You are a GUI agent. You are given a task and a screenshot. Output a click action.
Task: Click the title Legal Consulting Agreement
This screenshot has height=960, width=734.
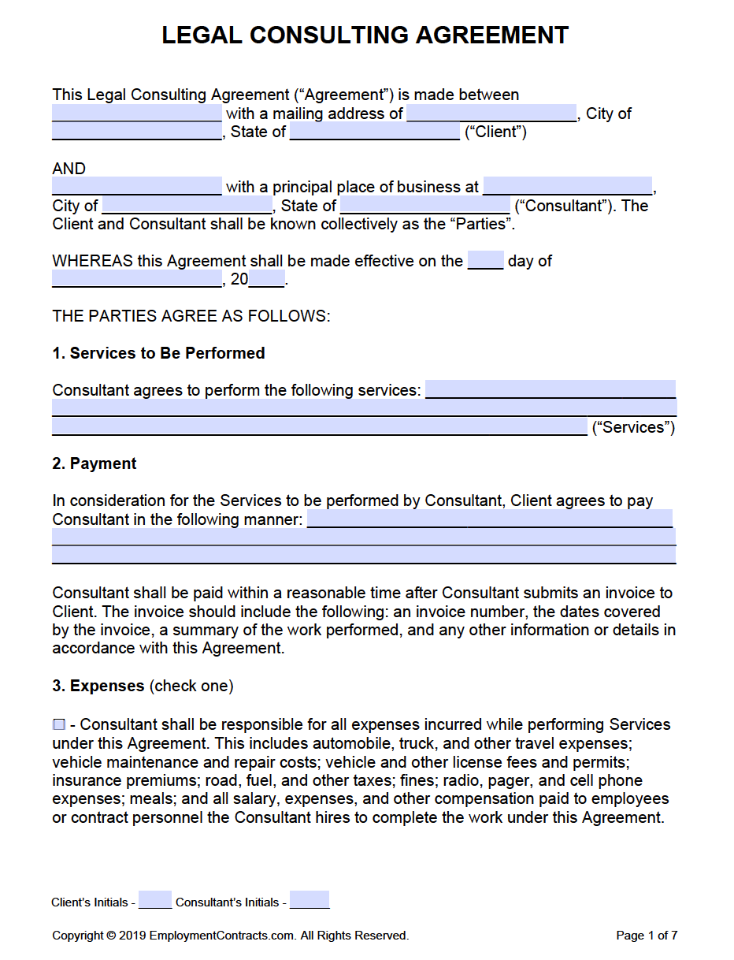[365, 35]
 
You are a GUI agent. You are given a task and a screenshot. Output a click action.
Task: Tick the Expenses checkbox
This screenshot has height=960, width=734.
[59, 725]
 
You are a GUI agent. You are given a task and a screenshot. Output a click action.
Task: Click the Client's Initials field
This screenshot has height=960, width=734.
[155, 901]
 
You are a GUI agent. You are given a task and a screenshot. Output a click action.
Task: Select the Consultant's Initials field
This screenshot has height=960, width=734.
[310, 901]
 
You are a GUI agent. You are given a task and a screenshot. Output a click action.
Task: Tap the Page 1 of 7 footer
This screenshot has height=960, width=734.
[647, 936]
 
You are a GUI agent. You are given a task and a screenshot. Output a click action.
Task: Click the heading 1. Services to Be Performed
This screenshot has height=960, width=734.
[158, 353]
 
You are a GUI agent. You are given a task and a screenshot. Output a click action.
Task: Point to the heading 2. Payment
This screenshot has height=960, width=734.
[95, 463]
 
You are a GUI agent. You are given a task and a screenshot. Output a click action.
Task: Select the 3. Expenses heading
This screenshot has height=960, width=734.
[98, 686]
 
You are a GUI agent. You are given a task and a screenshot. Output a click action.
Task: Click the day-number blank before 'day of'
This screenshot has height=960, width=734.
[485, 261]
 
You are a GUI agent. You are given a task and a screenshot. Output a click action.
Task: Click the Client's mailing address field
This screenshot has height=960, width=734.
[491, 113]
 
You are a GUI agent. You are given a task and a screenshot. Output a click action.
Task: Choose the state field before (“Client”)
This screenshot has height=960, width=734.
[374, 132]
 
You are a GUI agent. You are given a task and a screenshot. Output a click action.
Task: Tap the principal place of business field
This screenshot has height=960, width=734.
[567, 187]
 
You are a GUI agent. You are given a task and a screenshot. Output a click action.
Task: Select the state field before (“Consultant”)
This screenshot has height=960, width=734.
[424, 206]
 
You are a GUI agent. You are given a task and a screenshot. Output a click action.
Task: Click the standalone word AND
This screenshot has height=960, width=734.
[69, 169]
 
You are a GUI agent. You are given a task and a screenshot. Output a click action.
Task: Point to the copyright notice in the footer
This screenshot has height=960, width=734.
[230, 936]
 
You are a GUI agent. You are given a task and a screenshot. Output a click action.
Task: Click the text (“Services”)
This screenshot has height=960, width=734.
[633, 427]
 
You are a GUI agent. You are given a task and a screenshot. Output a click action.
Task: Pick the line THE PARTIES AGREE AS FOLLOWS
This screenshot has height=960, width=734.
[191, 316]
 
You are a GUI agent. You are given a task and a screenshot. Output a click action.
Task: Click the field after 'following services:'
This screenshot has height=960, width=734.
[550, 390]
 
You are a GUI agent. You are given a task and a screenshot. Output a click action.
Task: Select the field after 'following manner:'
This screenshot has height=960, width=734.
[489, 519]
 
